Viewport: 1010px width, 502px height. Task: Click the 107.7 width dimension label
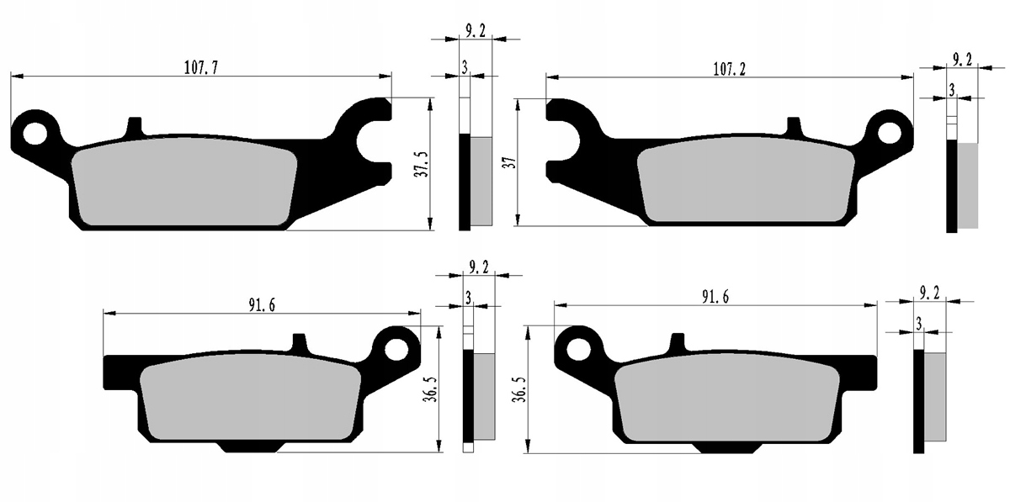pos(201,68)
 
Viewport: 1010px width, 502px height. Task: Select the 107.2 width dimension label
pos(729,70)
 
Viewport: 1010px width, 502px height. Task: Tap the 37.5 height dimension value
pos(423,165)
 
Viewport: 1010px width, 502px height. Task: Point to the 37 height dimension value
pos(510,162)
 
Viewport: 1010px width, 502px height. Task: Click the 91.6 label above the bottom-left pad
pos(262,305)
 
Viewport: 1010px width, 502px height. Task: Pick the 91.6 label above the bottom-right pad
pos(715,298)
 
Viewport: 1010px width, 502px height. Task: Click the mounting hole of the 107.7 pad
pos(35,134)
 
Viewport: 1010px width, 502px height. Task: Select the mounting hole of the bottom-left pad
pos(396,349)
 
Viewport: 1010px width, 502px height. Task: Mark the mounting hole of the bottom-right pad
pos(578,350)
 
